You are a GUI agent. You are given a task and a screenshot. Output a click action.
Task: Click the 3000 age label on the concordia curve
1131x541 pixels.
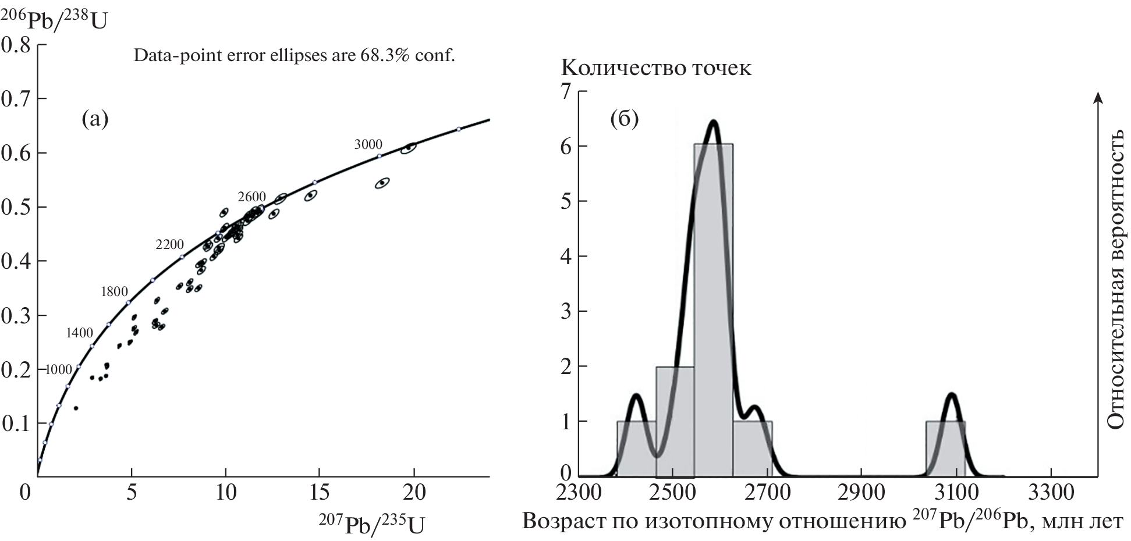[368, 144]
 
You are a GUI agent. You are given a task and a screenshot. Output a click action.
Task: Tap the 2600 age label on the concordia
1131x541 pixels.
[251, 197]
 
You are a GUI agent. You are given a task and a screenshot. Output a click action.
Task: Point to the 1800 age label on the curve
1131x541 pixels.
[114, 291]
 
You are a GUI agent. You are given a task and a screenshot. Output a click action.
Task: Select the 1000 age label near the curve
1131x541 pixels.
[59, 369]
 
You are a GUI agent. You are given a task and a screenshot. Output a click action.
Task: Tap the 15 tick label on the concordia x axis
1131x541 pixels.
[320, 492]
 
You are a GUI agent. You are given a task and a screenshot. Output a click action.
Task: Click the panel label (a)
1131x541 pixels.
[95, 119]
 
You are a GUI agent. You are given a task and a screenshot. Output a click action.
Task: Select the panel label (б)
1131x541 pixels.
[624, 119]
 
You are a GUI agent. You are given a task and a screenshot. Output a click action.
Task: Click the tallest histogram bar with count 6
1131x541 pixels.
[713, 308]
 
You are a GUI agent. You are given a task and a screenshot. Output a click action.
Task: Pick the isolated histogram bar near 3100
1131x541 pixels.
[945, 448]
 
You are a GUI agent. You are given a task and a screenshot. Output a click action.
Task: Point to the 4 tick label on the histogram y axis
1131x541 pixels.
[565, 256]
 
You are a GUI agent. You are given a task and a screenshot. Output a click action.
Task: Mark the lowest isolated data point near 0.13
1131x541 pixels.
[76, 408]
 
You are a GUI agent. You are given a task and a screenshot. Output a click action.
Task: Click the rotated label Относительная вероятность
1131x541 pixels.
[1115, 279]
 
